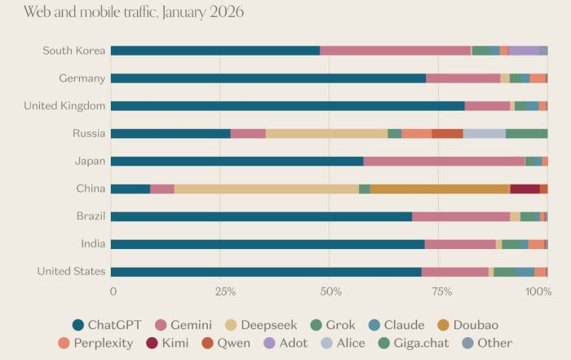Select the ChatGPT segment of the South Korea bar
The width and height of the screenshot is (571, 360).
pyautogui.click(x=215, y=51)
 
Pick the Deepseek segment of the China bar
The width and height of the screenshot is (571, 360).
pyautogui.click(x=266, y=189)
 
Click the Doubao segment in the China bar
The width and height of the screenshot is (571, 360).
pyautogui.click(x=440, y=189)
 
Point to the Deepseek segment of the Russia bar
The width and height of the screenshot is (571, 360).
pyautogui.click(x=326, y=134)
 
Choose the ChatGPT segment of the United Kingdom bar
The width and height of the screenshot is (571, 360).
pyautogui.click(x=287, y=106)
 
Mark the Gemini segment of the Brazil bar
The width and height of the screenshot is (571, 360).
pyautogui.click(x=461, y=217)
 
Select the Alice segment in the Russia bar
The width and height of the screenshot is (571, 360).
pyautogui.click(x=484, y=134)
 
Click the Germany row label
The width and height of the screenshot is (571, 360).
pyautogui.click(x=82, y=78)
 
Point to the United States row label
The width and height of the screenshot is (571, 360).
pyautogui.click(x=71, y=272)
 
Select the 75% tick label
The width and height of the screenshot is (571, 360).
pyautogui.click(x=441, y=291)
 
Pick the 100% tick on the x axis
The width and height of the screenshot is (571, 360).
pyautogui.click(x=537, y=291)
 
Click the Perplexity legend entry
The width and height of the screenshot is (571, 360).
pyautogui.click(x=95, y=344)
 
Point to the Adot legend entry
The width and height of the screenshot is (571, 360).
pyautogui.click(x=285, y=344)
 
